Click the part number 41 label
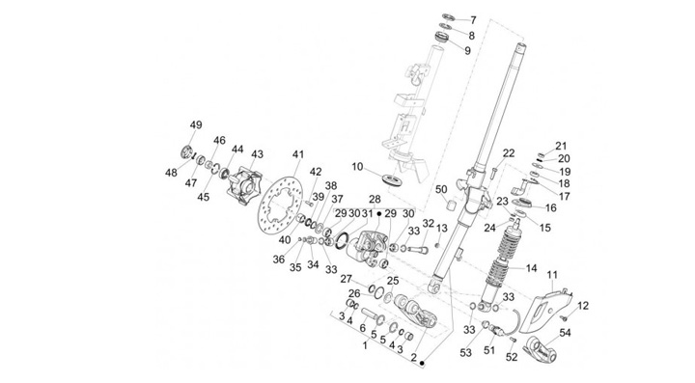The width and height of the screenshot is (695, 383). pos(298,155)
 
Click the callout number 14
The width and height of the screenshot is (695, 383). pos(531,268)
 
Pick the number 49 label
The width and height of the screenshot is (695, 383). pos(196,125)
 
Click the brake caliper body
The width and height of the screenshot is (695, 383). pos(366,246)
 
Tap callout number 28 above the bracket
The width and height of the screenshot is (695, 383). pos(375,199)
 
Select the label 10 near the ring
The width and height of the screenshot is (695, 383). pos(357,167)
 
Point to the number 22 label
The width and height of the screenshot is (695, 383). pos(509,153)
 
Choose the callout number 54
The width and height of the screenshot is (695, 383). pos(565,333)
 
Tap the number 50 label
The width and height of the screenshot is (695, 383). pos(441,189)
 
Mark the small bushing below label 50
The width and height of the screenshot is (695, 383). pos(453,206)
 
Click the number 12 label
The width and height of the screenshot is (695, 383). pos(583,306)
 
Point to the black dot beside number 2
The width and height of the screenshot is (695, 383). pos(423,363)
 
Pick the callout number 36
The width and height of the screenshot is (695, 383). pos(278,259)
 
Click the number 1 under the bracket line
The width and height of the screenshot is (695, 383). pos(365,345)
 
